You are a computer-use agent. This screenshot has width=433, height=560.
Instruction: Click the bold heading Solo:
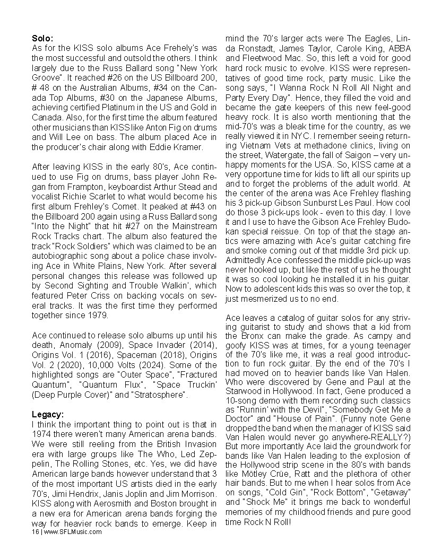pos(42,39)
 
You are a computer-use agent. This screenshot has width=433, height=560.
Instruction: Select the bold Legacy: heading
pos(49,414)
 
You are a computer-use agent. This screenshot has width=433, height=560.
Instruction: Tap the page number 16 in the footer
pos(35,532)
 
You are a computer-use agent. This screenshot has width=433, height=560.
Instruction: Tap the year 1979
pos(98,315)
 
